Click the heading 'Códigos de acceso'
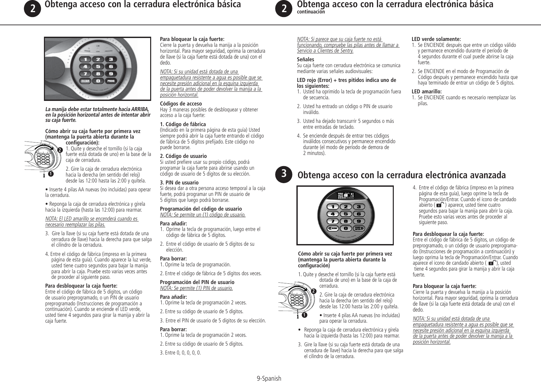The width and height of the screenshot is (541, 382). click(181, 104)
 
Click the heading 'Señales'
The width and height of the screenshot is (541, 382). click(305, 59)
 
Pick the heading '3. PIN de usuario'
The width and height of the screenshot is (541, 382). click(179, 182)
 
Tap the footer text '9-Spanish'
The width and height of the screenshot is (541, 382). click(269, 378)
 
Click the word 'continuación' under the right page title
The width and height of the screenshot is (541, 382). click(311, 12)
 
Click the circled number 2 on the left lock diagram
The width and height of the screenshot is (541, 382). click(60, 150)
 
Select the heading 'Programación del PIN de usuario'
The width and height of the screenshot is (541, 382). click(197, 282)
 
